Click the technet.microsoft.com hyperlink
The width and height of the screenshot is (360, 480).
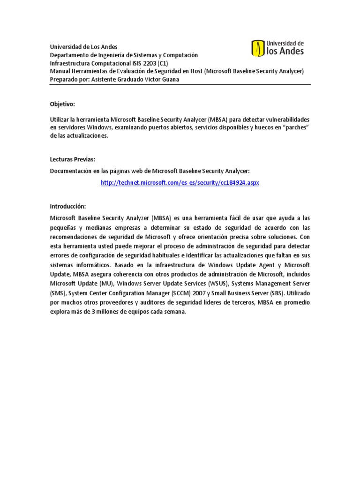coord(180,182)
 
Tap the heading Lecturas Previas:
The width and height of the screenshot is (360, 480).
coord(72,159)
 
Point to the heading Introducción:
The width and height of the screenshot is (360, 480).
coord(68,206)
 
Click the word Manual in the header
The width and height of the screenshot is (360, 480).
coord(60,71)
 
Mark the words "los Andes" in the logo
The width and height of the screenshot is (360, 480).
coord(285,51)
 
